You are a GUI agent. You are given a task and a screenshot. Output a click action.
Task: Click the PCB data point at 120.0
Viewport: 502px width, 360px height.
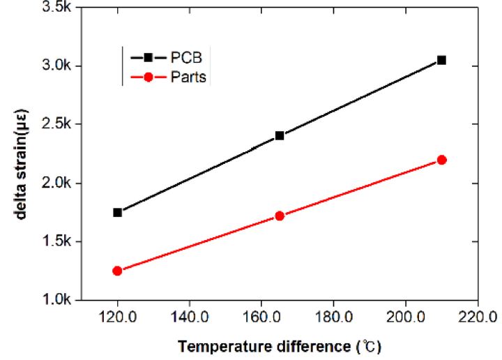click(x=117, y=212)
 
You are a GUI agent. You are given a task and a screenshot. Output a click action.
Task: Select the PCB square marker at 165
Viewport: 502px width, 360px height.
click(x=280, y=135)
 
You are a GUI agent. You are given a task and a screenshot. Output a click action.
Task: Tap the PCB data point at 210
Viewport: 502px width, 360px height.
click(x=441, y=60)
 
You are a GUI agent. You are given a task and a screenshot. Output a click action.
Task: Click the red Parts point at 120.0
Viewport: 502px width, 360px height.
click(x=117, y=271)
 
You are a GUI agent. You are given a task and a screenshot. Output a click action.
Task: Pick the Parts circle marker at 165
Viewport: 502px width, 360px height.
click(x=280, y=216)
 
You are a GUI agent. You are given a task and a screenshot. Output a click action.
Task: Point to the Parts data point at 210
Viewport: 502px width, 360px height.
click(x=441, y=160)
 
